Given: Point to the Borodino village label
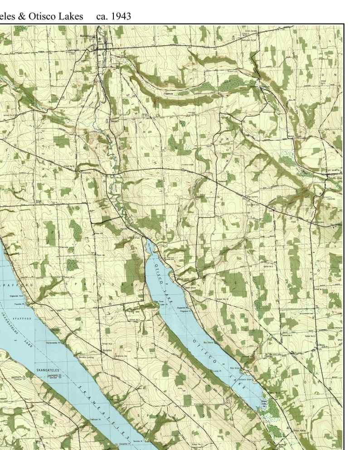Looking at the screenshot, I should point(107,350).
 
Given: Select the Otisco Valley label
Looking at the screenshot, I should point(300,430).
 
